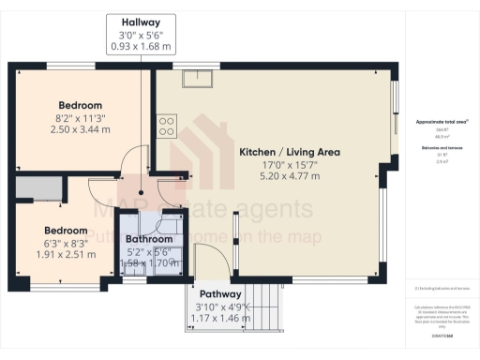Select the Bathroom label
150,240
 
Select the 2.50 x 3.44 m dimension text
80,130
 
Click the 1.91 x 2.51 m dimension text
66,254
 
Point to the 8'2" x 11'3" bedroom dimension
80,118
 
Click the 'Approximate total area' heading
441,122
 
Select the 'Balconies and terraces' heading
441,148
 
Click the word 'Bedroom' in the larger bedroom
80,105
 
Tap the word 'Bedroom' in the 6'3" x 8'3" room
66,230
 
